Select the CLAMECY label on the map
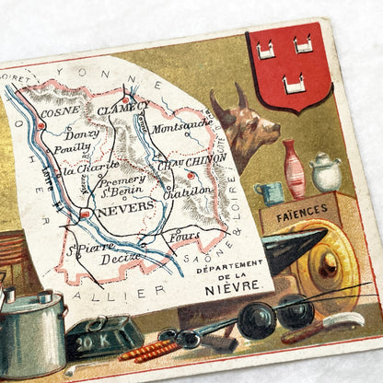click(x=128, y=107)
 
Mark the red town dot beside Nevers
click(x=85, y=215)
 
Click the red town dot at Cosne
click(x=41, y=124)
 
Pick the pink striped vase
click(x=295, y=169)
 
